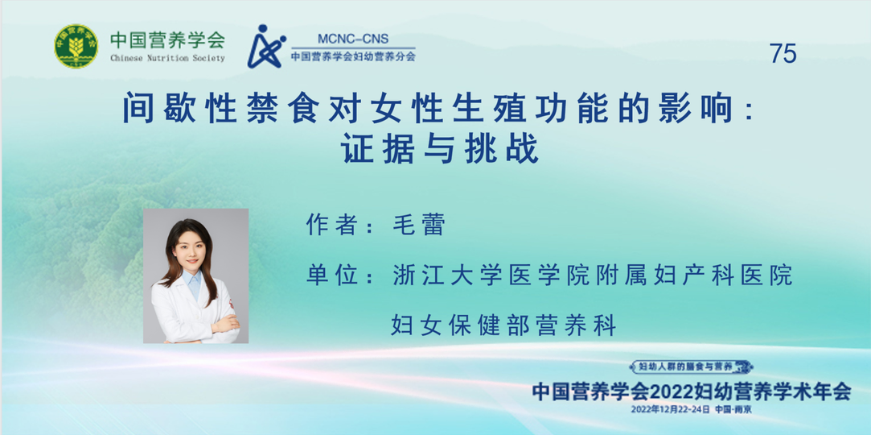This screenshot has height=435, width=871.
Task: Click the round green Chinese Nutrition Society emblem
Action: point(76,46)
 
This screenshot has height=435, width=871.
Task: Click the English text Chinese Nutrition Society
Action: point(167,59)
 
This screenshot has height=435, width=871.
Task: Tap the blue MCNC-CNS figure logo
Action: point(265,46)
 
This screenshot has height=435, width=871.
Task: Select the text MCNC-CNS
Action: point(353,39)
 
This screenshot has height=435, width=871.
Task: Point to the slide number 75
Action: point(783,53)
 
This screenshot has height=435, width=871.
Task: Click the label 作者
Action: point(327,225)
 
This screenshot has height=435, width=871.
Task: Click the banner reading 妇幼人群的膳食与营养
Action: point(691,367)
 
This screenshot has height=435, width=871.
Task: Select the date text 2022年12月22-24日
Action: point(670,409)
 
